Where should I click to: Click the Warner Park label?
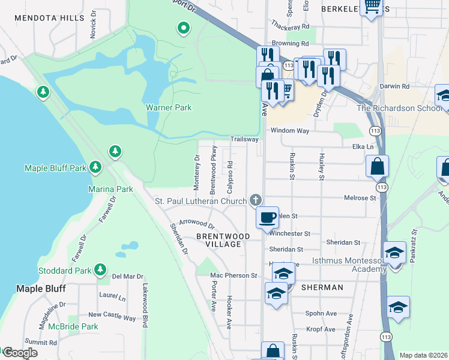tap(168, 108)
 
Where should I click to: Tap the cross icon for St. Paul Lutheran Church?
tap(256, 200)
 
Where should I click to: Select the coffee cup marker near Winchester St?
tap(268, 217)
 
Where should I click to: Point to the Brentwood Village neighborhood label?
tap(223, 241)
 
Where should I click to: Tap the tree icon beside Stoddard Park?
tap(100, 271)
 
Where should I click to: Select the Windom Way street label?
tap(290, 130)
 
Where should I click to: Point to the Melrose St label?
tap(360, 197)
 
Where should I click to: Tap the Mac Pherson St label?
tap(234, 276)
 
